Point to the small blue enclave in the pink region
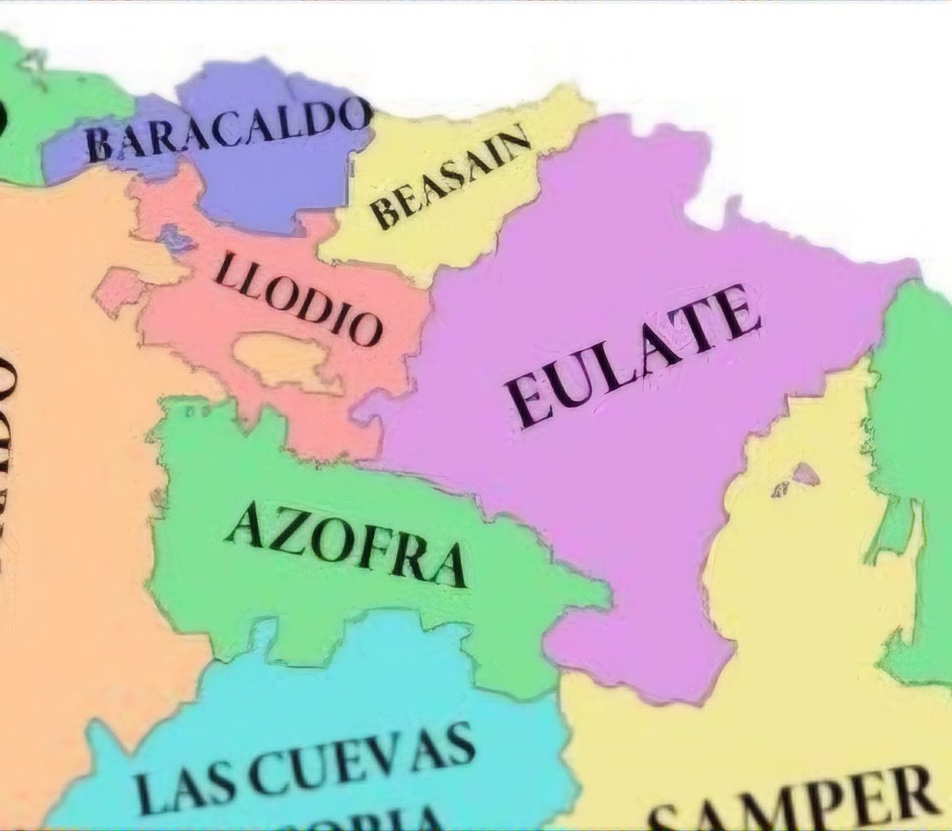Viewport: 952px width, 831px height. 175,239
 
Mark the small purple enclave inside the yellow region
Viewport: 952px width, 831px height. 804,475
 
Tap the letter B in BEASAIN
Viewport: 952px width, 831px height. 385,216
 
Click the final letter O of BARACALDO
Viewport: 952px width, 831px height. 354,114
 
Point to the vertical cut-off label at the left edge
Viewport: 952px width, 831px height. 10,467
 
